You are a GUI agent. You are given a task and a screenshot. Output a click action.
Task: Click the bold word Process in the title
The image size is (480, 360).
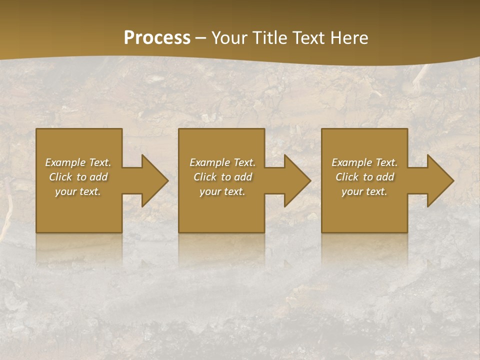pyautogui.click(x=157, y=38)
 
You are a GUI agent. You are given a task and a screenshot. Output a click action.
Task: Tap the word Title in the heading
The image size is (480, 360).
pyautogui.click(x=269, y=38)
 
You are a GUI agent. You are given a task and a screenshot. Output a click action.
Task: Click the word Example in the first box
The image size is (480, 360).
pyautogui.click(x=65, y=162)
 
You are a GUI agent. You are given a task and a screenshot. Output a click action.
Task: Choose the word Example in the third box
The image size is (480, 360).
pyautogui.click(x=351, y=162)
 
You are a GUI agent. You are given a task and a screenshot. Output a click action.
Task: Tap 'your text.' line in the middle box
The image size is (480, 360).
pyautogui.click(x=222, y=191)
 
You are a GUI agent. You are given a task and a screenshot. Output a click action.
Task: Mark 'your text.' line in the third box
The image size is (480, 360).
pyautogui.click(x=364, y=191)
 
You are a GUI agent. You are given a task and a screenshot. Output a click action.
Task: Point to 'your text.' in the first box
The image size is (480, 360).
pyautogui.click(x=78, y=191)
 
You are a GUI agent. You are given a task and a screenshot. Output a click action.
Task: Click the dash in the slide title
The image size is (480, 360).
pyautogui.click(x=200, y=38)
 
